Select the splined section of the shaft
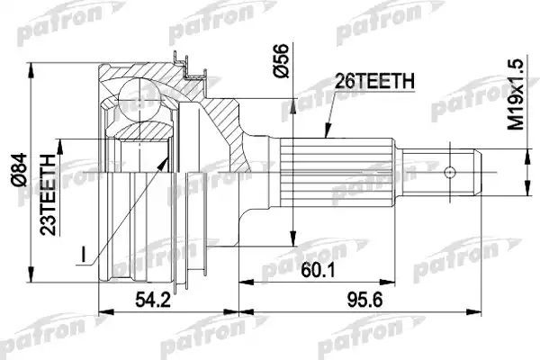click(337, 171)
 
